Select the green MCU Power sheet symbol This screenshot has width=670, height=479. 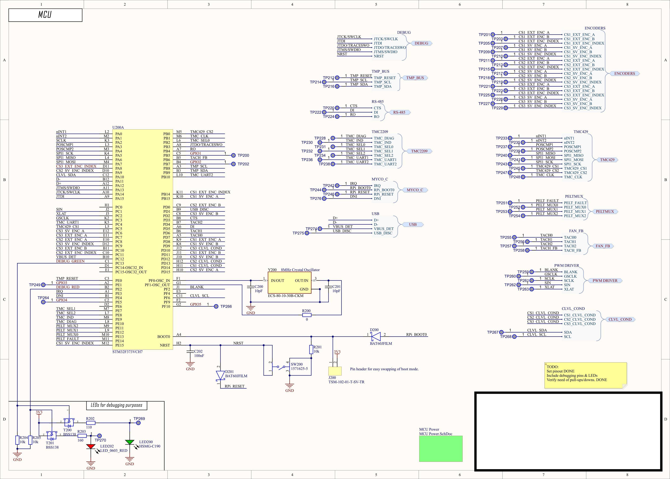[x=441, y=449]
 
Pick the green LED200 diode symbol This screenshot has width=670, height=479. [x=129, y=442]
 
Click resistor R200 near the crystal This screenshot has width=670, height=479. [x=307, y=315]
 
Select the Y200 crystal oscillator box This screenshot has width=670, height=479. [x=289, y=283]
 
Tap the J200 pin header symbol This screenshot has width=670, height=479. [x=335, y=371]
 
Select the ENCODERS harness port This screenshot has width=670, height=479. [x=624, y=73]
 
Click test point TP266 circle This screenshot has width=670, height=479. [x=216, y=306]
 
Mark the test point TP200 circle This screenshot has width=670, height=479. [x=233, y=155]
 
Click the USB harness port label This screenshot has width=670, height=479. [x=413, y=224]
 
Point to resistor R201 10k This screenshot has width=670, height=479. [x=311, y=350]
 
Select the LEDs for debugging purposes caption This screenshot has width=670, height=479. [x=117, y=405]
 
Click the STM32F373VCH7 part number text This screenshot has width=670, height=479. [x=127, y=352]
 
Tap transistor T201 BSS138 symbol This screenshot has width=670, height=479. [x=52, y=435]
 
